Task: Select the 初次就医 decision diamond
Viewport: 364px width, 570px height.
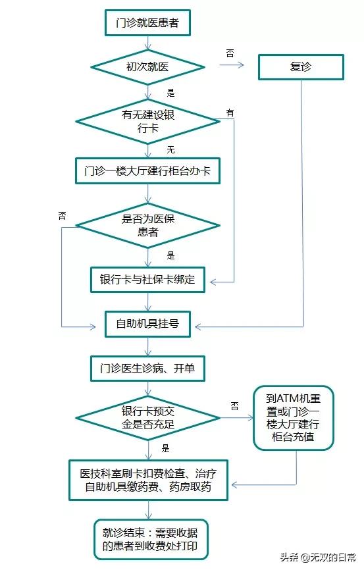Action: [x=147, y=66]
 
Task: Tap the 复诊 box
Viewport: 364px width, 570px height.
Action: [x=300, y=66]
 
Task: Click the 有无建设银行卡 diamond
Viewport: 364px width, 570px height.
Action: [x=147, y=121]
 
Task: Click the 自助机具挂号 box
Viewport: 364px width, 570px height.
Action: [x=147, y=324]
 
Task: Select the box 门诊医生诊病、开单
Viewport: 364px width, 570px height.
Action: [x=147, y=369]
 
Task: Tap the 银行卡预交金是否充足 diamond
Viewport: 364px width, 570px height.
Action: [x=147, y=418]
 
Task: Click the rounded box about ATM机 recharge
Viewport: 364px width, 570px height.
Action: [x=294, y=418]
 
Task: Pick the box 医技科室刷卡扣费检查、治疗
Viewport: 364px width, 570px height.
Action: [x=147, y=480]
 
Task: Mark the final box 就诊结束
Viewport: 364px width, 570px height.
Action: [x=147, y=539]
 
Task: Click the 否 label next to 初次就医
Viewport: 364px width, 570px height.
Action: [x=230, y=53]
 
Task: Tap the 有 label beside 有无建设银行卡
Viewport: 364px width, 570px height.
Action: [x=230, y=113]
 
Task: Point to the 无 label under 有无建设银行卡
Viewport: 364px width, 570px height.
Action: [x=171, y=150]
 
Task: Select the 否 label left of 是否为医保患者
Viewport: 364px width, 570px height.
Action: [x=63, y=215]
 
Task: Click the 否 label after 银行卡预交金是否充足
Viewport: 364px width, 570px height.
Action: [x=234, y=406]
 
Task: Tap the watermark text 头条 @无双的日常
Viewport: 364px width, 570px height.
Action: [x=319, y=557]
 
